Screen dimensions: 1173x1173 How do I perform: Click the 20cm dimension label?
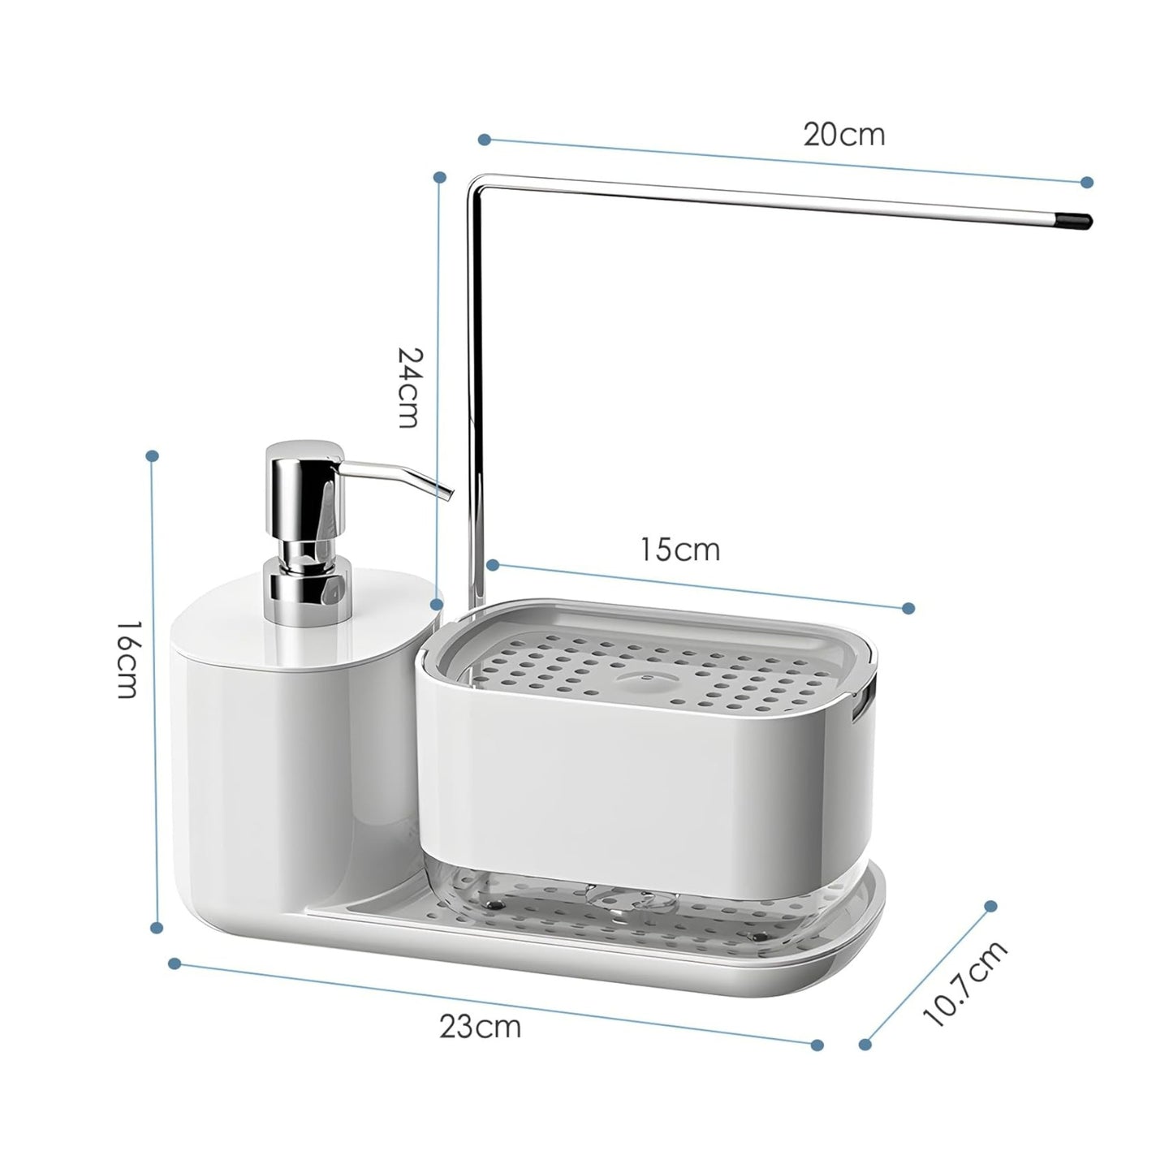tap(843, 135)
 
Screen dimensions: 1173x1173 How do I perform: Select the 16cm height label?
tap(127, 660)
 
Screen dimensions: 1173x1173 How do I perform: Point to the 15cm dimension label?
tap(679, 550)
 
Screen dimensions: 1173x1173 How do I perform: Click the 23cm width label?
tap(481, 1027)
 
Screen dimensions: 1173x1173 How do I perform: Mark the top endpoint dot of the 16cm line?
tap(151, 456)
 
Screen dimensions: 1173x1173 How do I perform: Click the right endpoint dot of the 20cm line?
tap(1087, 183)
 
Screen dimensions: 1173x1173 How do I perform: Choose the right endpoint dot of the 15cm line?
tap(908, 608)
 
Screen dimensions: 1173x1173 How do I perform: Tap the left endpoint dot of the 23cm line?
tap(174, 964)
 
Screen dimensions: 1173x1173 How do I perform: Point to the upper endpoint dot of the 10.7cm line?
tap(990, 906)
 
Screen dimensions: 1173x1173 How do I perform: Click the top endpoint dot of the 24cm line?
tap(440, 177)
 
